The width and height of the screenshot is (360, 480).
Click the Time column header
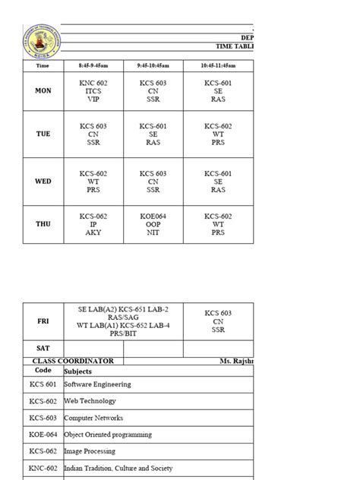43,66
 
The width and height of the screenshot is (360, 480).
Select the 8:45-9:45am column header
93,66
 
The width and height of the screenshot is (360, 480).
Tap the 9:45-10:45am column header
153,66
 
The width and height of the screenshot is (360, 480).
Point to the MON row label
43,90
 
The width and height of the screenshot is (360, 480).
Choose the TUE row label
43,134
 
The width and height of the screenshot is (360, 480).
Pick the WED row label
43,182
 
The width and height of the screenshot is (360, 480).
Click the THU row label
43,224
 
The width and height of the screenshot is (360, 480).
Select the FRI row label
43,321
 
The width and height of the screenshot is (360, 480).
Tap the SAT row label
43,348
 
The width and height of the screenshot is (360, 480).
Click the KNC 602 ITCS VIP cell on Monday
93,90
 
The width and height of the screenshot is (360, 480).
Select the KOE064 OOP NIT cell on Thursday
153,224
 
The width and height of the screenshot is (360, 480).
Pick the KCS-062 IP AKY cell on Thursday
93,224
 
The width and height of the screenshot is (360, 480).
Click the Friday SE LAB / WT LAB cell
123,321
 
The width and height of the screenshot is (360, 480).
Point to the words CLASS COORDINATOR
74,362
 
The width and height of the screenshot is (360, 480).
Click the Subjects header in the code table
78,371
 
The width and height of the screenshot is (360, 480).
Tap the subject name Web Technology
90,401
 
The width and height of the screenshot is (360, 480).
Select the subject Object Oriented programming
108,434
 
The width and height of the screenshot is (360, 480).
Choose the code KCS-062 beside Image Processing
43,451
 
